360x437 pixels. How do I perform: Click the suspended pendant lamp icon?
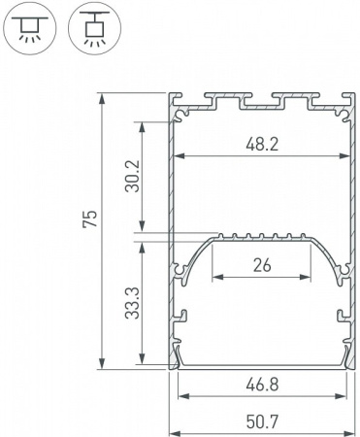(x=89, y=29)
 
